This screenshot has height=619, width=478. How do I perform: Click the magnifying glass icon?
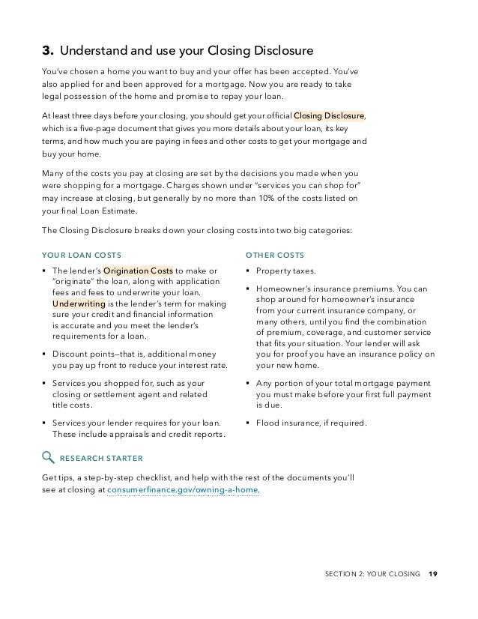(48, 456)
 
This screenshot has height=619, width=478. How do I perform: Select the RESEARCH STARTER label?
(101, 457)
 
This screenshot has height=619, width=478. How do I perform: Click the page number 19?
(433, 575)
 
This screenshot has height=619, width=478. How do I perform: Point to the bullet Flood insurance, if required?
(311, 423)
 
